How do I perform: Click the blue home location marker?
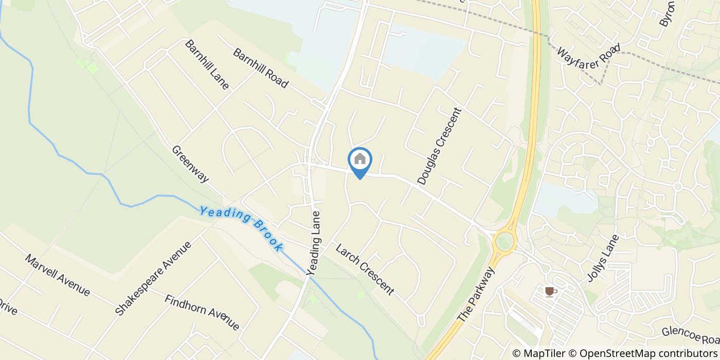[360, 160]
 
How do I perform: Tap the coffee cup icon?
[550, 292]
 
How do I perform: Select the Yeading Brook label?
[241, 228]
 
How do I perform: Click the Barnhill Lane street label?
[207, 64]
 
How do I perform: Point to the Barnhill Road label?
[261, 68]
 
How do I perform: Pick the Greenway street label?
[190, 164]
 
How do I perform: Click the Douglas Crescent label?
[440, 146]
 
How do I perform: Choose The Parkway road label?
[476, 295]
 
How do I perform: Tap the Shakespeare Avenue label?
[153, 278]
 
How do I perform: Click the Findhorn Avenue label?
[202, 312]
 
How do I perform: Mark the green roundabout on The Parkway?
[505, 240]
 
